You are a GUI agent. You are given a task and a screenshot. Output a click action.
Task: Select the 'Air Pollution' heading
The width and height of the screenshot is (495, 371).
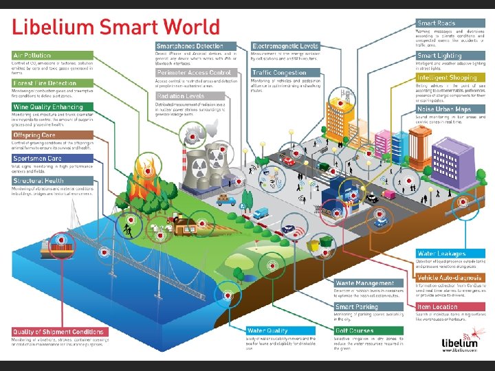(x=32, y=55)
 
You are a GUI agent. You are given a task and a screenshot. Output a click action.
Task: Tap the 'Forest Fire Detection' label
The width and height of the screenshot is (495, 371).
(x=43, y=82)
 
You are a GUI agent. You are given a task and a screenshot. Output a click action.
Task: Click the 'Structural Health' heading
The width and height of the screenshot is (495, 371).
(x=40, y=181)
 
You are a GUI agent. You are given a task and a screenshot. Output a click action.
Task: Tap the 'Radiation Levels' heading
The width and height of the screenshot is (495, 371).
(x=180, y=97)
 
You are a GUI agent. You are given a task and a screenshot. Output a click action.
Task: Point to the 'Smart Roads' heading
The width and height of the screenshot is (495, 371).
(x=437, y=23)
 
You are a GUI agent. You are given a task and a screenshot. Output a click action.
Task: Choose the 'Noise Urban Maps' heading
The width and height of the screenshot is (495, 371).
(x=444, y=109)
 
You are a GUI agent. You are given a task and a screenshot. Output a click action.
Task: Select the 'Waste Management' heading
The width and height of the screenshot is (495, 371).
(x=365, y=283)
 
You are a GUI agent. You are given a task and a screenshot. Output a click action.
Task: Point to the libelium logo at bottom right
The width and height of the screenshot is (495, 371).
(x=460, y=341)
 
